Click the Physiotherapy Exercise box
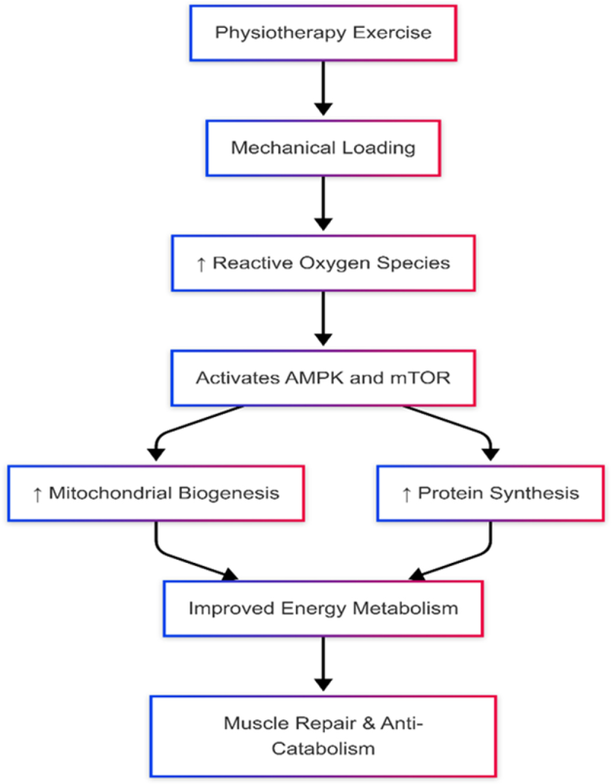[x=323, y=33]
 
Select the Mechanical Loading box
[x=323, y=148]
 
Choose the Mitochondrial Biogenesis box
[x=156, y=494]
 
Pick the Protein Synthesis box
[x=490, y=494]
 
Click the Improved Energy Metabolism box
[x=323, y=608]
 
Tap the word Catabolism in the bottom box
[x=323, y=748]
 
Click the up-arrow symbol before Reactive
[x=201, y=264]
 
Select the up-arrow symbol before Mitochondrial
[x=37, y=495]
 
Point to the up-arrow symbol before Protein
[x=407, y=495]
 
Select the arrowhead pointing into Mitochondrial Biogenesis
[x=156, y=454]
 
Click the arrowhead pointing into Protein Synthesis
[x=490, y=454]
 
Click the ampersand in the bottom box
[x=369, y=723]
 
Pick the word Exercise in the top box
[x=392, y=33]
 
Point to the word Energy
[x=314, y=609]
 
